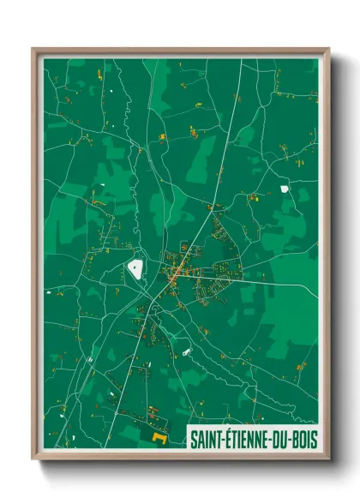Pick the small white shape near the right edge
(284, 189)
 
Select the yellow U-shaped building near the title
(159, 437)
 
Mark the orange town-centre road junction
(174, 274)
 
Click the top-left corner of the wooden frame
(33, 49)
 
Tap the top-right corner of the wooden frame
(328, 49)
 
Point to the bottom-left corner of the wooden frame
(33, 459)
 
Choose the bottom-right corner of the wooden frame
(328, 459)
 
